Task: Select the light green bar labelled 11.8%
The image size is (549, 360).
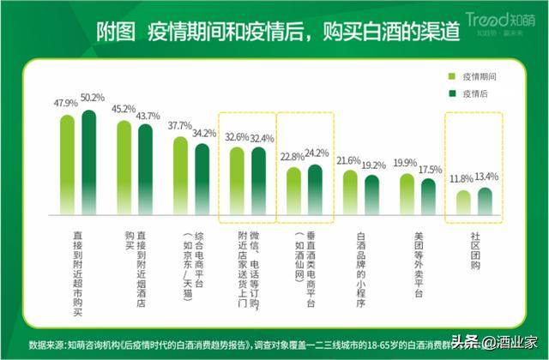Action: tap(463, 202)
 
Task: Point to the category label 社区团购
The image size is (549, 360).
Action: tap(474, 249)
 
